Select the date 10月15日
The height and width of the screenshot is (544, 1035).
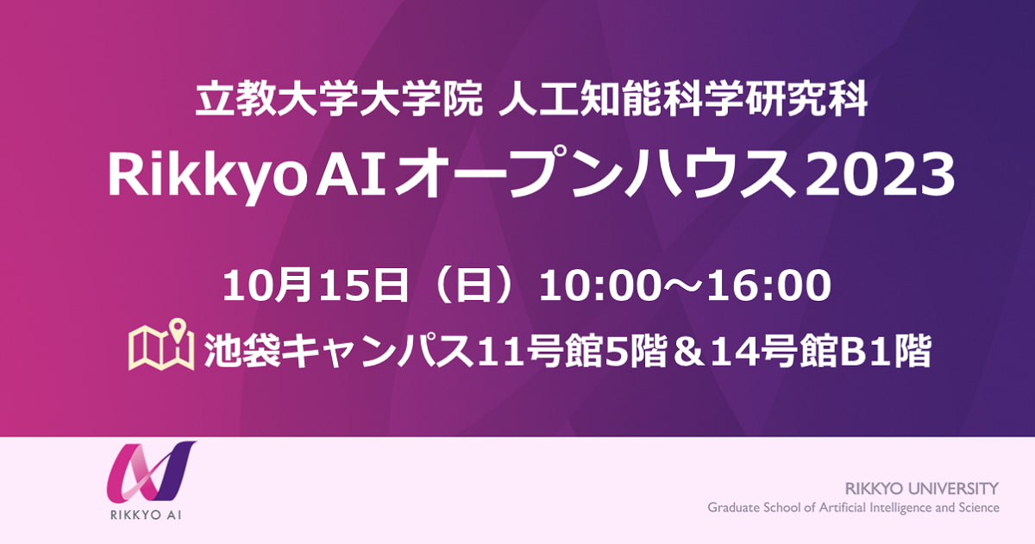[316, 286]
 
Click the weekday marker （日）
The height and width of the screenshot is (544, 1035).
[474, 286]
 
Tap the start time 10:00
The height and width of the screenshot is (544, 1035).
[598, 286]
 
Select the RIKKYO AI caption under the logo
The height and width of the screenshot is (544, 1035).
[146, 515]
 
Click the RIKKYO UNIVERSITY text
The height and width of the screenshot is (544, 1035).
[922, 488]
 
